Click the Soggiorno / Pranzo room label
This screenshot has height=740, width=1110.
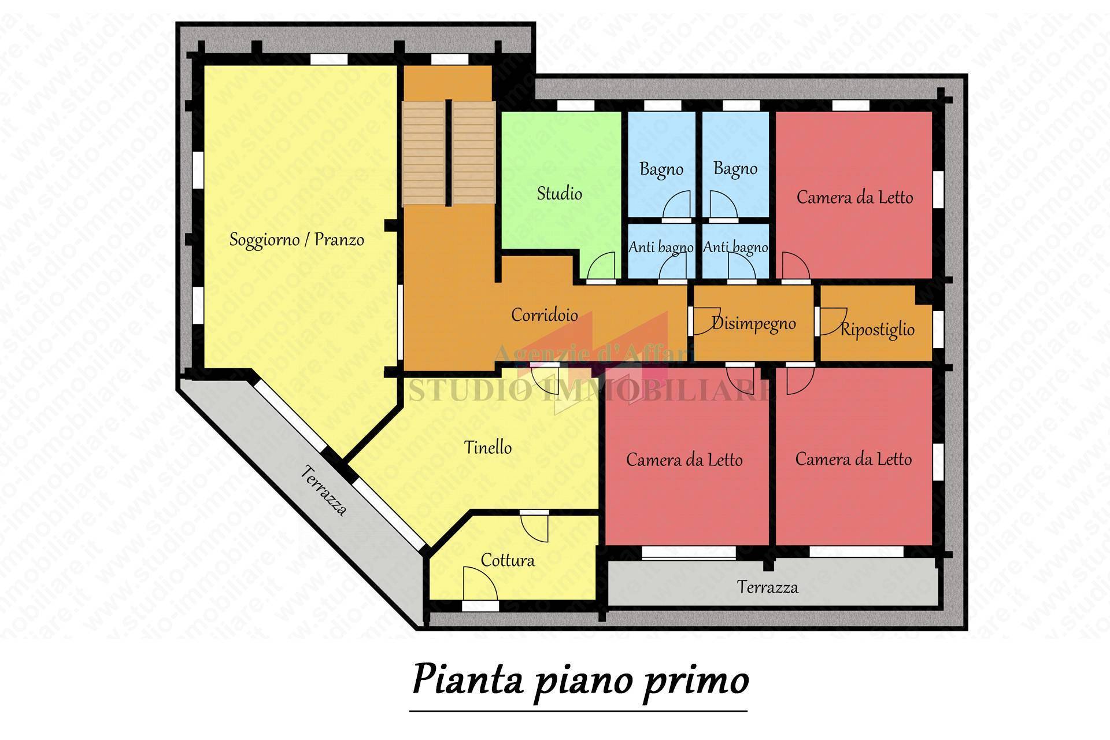tap(297, 239)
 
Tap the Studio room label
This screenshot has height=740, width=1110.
tap(559, 193)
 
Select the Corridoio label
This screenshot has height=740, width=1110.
tap(544, 314)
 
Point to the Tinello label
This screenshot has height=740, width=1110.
tap(488, 447)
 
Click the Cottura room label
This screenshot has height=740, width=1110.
tap(508, 560)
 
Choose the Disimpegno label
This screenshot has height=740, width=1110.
tap(753, 323)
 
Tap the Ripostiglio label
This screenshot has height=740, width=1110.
tap(877, 330)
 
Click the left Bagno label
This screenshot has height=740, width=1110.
tap(661, 169)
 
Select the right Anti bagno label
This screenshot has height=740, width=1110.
tap(735, 247)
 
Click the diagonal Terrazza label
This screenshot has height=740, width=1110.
tap(324, 490)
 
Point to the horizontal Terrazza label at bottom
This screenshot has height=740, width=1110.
tap(767, 587)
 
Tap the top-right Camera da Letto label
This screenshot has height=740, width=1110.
tap(854, 198)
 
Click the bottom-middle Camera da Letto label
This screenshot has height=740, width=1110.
tap(684, 460)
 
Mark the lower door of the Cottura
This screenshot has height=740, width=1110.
tap(479, 584)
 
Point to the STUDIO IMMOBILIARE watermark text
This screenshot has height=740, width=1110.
tap(590, 391)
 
